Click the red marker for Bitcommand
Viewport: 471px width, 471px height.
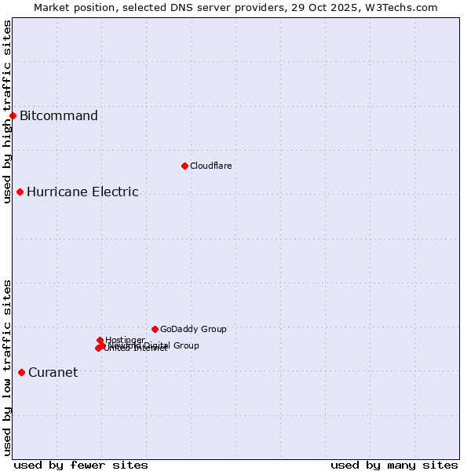(13, 116)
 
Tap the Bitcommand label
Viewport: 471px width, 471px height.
(59, 116)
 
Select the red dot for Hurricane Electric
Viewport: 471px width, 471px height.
(20, 192)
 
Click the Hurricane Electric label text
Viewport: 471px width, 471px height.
(82, 192)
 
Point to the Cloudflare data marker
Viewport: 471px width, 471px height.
(184, 166)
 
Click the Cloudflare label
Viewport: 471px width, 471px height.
(210, 166)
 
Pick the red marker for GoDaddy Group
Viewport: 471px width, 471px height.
(155, 329)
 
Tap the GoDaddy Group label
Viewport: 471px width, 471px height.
(193, 329)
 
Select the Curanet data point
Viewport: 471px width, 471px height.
(21, 372)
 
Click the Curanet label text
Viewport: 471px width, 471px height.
(53, 372)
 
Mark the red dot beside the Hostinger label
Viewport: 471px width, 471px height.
(100, 340)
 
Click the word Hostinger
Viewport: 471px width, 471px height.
(125, 340)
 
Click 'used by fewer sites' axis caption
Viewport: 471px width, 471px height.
(81, 465)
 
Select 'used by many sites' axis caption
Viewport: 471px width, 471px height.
(394, 465)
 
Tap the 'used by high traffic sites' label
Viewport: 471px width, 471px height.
(7, 111)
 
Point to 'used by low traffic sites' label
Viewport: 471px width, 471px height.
(7, 367)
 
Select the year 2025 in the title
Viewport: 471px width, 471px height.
(353, 7)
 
